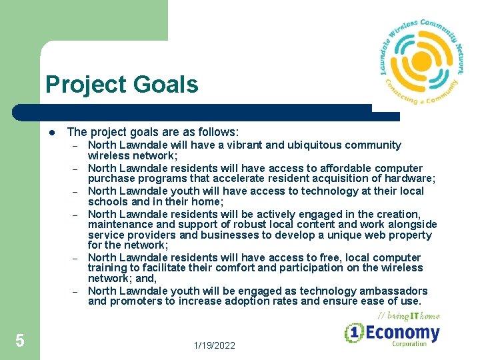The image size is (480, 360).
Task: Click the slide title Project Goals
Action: [x=122, y=85]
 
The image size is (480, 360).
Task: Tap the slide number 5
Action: [x=20, y=341]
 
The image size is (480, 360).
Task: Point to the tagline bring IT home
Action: [x=409, y=315]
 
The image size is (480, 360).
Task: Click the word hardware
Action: [x=408, y=178]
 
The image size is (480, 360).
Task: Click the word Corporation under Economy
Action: [x=409, y=345]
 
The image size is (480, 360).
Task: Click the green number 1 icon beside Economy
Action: [x=353, y=333]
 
